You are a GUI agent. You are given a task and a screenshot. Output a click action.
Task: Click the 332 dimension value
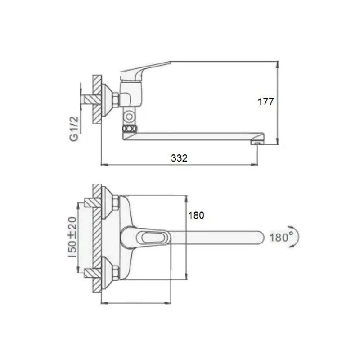point(179,158)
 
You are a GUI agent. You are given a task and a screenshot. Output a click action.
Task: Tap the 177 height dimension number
point(266,102)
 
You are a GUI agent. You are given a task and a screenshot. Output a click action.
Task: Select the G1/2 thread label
point(74,129)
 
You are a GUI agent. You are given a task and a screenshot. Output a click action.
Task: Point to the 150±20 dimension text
point(72,238)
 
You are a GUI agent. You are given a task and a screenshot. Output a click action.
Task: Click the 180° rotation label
point(282,237)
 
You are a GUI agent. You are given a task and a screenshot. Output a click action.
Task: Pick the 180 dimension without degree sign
point(196,216)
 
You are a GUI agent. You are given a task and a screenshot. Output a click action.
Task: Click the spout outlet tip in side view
point(257,143)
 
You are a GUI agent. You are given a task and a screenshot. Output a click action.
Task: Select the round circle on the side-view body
point(129,117)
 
